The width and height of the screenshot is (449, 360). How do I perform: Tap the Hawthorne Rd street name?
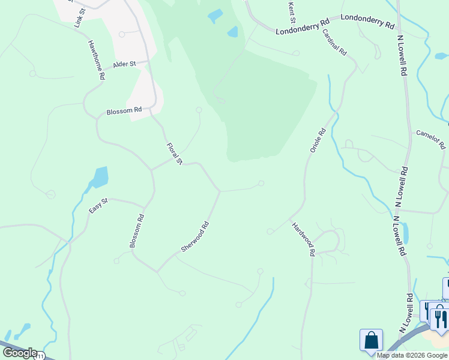click(x=97, y=61)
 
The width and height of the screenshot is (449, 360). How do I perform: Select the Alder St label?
click(x=125, y=64)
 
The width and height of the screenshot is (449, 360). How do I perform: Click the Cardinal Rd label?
click(x=334, y=42)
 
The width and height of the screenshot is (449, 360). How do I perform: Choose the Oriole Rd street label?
click(x=318, y=140)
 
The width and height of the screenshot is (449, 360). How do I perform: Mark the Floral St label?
click(x=174, y=154)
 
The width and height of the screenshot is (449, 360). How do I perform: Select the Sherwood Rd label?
click(x=195, y=237)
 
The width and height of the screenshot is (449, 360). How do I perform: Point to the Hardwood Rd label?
click(x=303, y=239)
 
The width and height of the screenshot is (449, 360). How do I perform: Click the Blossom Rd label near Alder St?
click(x=124, y=111)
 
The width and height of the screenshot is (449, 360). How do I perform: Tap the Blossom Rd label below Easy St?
click(x=137, y=231)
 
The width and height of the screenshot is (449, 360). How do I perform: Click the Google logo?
click(x=20, y=353)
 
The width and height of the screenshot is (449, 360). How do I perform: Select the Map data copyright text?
click(x=412, y=355)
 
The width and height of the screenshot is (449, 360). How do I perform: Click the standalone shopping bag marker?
click(x=371, y=340)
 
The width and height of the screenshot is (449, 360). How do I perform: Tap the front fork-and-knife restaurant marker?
click(x=440, y=319)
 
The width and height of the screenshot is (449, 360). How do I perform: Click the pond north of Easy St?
click(x=100, y=177)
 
